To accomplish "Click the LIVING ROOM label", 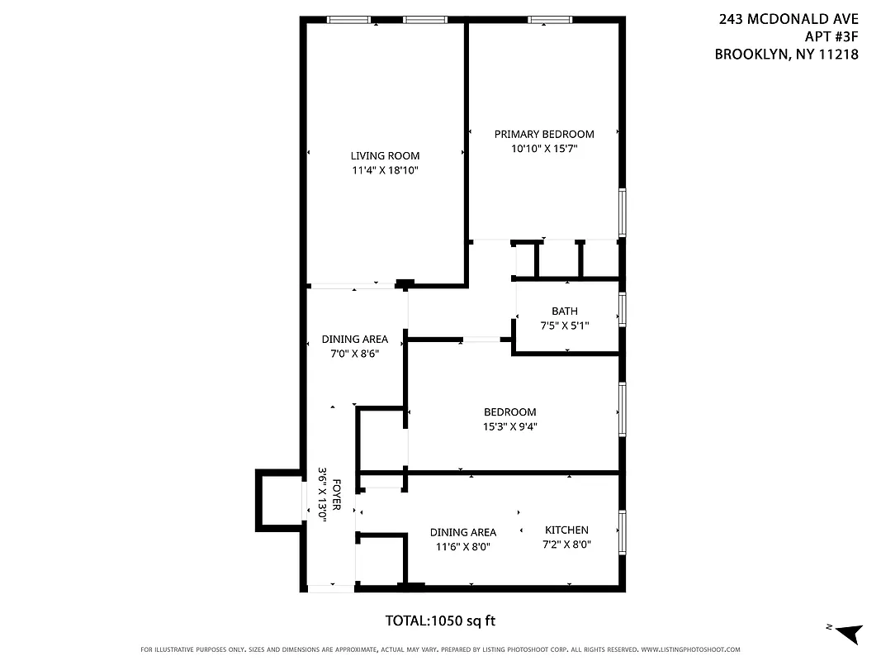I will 385,155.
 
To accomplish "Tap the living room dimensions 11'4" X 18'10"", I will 385,170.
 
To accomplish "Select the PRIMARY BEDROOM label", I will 544,134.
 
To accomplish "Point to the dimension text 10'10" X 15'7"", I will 544,149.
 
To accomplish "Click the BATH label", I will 565,311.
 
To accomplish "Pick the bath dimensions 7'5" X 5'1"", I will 565,326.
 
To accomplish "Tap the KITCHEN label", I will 566,530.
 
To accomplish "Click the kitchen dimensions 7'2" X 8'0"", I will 566,545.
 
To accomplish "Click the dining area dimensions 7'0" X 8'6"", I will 354,354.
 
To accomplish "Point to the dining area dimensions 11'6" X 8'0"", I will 462,546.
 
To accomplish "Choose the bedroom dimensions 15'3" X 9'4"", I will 509,427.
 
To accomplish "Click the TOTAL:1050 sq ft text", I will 440,621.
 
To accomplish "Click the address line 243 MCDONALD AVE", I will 789,19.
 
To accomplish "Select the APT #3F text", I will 831,36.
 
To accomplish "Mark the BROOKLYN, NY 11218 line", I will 786,55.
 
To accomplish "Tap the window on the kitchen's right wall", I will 622,530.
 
